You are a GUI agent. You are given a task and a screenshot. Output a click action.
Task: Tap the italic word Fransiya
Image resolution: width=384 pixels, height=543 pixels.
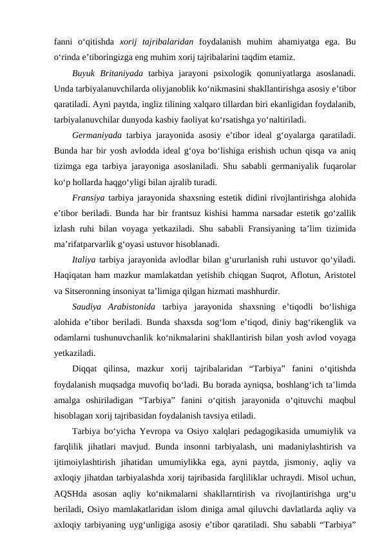[89, 197]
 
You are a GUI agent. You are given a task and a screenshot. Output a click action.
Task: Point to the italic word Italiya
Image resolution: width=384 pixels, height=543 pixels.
[85, 260]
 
